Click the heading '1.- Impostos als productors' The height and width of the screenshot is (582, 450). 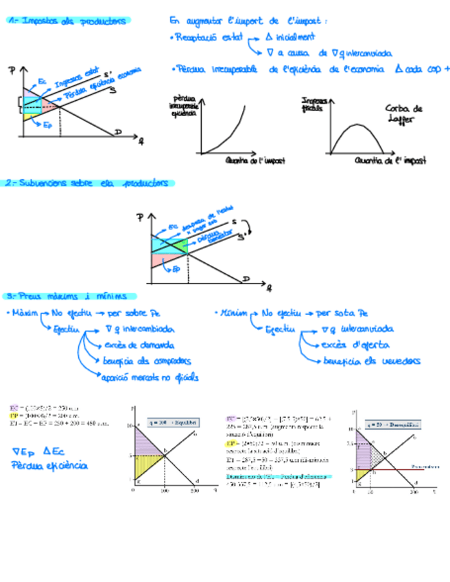(67, 21)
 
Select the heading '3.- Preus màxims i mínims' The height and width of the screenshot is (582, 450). (66, 296)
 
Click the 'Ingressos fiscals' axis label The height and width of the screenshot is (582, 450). (315, 105)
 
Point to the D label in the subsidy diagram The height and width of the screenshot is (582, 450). (245, 278)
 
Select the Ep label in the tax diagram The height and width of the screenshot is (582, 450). (47, 125)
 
